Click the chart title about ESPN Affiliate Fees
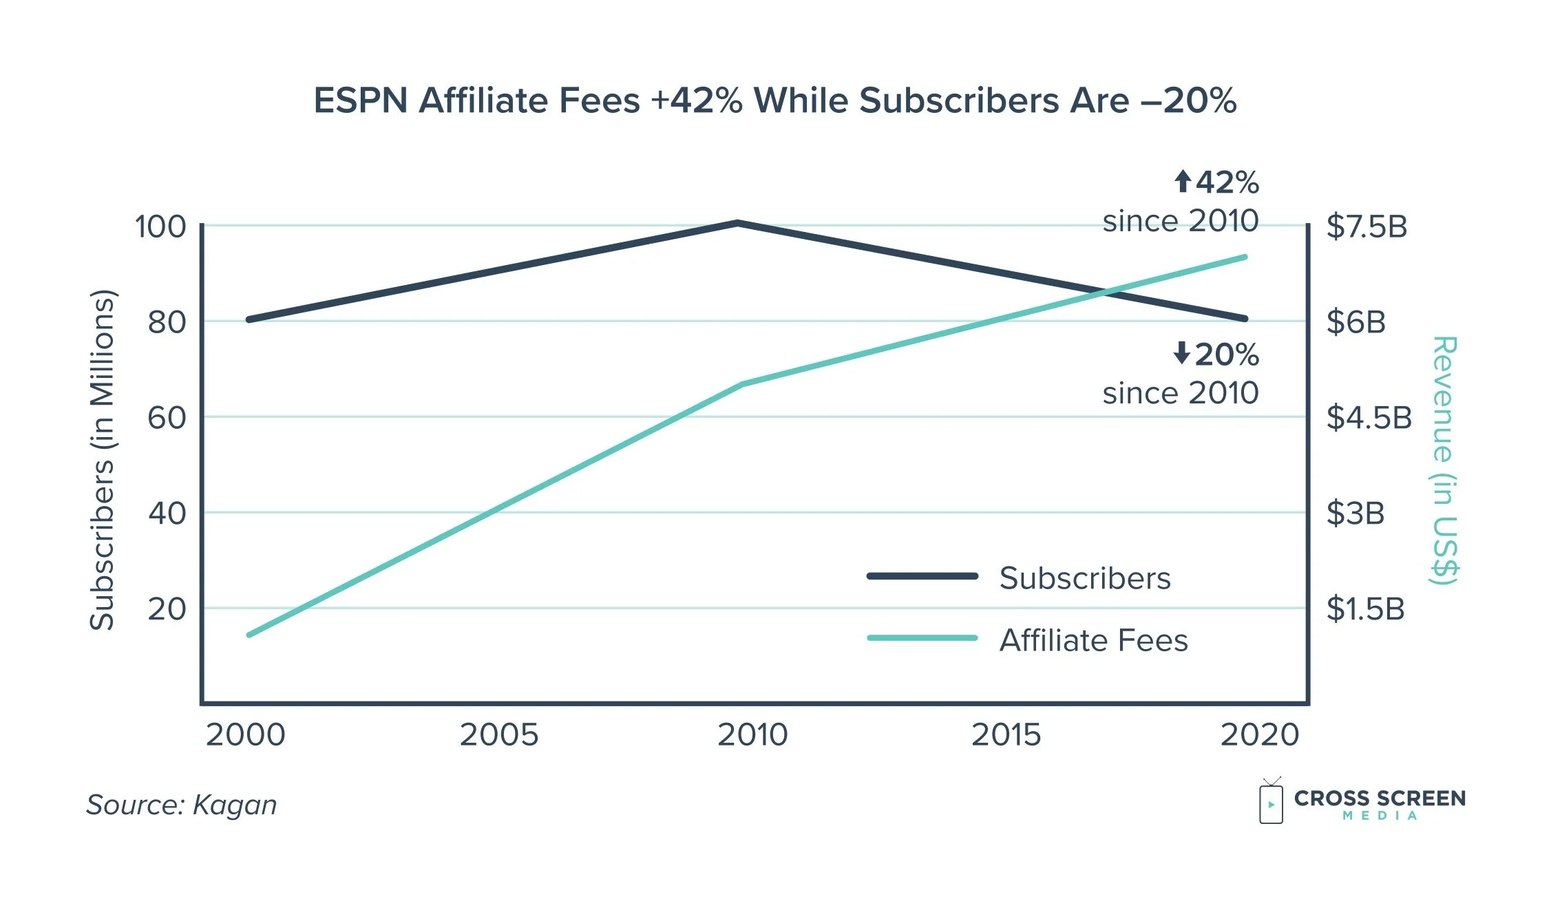(x=774, y=101)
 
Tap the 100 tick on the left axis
(x=160, y=226)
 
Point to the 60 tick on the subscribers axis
(x=167, y=418)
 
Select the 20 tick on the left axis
(x=167, y=609)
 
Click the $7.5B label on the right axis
(x=1367, y=226)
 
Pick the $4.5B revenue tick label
(x=1369, y=418)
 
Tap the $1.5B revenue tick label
(x=1365, y=609)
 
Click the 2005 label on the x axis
(x=498, y=735)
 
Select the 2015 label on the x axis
(x=1006, y=735)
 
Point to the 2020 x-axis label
(x=1259, y=735)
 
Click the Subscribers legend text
(x=1084, y=578)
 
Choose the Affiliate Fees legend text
(x=1093, y=640)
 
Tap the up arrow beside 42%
(x=1182, y=182)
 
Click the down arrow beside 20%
(x=1181, y=353)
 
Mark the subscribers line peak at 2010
(x=737, y=223)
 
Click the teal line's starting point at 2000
(x=249, y=634)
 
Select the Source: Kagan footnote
(x=181, y=805)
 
